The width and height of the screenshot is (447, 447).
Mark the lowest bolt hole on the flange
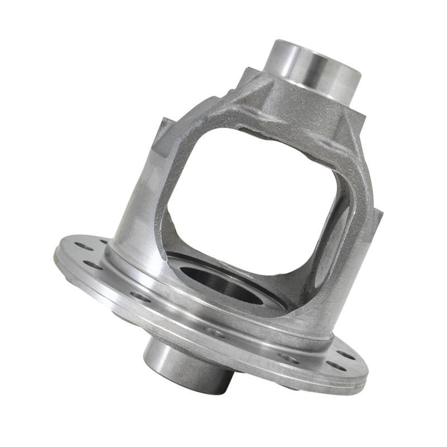coord(335,365)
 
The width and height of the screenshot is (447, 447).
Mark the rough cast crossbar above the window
coord(279,117)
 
